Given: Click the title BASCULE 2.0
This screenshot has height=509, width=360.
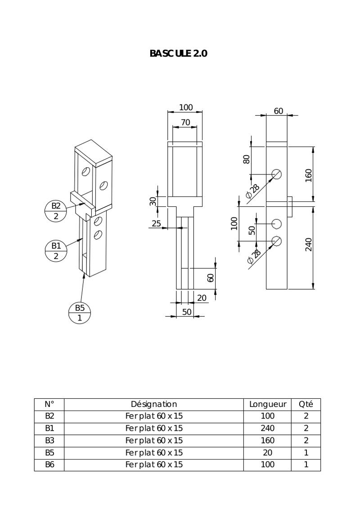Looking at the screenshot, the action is tap(178, 53).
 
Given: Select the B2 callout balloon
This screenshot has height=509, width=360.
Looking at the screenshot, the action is tap(55, 211).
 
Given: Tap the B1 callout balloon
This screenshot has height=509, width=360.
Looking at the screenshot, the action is tap(55, 250).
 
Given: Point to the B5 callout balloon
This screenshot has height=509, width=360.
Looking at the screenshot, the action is tap(80, 313).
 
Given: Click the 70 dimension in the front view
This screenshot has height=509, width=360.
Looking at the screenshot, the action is tap(185, 122).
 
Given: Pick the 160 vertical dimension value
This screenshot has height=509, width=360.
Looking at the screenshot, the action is tap(308, 175).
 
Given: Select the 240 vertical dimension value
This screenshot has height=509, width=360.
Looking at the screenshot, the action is tap(308, 245).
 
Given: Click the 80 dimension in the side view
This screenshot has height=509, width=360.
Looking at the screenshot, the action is tap(247, 159).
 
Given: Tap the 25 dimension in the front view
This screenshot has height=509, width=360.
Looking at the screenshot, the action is tap(156, 223).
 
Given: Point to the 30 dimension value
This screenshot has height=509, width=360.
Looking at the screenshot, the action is tap(153, 201).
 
